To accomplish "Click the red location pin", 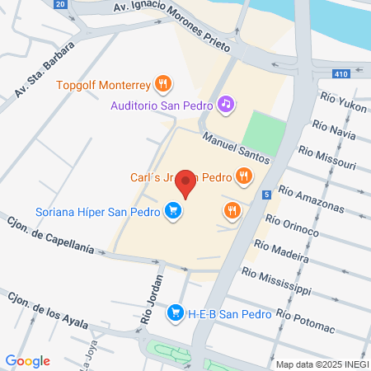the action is (x=186, y=184).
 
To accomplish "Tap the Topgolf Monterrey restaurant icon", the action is (x=164, y=83).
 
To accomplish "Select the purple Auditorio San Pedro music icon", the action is (x=225, y=104).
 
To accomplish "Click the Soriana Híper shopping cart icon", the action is (x=172, y=211).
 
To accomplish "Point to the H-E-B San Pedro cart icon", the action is (x=174, y=313).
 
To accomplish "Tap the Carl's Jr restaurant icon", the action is (x=243, y=176).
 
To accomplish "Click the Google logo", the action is (x=28, y=360).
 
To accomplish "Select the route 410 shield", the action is (x=340, y=74).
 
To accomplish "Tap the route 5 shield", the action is (x=267, y=195).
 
